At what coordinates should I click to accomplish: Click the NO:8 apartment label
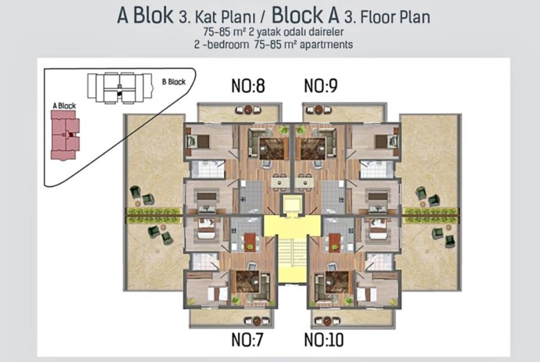pyautogui.click(x=248, y=86)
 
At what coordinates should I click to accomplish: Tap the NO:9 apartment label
pyautogui.click(x=320, y=86)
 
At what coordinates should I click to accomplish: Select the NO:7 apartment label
pyautogui.click(x=247, y=339)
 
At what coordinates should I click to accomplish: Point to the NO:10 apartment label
pyautogui.click(x=324, y=339)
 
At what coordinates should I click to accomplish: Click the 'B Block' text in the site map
pyautogui.click(x=174, y=82)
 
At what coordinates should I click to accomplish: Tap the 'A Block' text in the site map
pyautogui.click(x=64, y=106)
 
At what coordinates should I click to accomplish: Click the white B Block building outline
pyautogui.click(x=120, y=87)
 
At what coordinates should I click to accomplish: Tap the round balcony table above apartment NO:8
pyautogui.click(x=248, y=110)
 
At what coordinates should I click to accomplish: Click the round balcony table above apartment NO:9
pyautogui.click(x=319, y=110)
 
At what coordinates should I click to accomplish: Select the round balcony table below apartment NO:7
pyautogui.click(x=257, y=321)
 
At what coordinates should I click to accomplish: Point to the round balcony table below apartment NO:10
pyautogui.click(x=328, y=321)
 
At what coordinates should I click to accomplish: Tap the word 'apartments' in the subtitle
pyautogui.click(x=326, y=45)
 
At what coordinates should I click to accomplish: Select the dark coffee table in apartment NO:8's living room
pyautogui.click(x=274, y=149)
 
